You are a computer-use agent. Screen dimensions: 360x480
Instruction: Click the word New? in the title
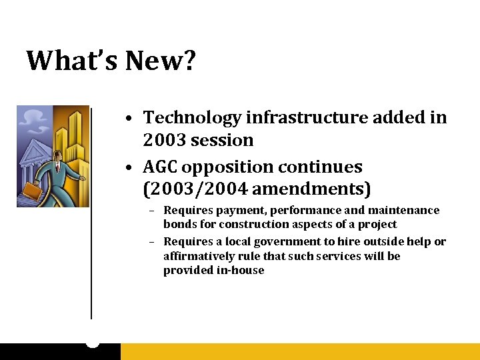[162, 61]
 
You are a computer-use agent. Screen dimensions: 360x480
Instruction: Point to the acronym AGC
[164, 167]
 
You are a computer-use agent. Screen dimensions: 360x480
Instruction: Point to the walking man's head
[57, 155]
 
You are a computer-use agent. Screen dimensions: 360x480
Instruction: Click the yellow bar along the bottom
[300, 351]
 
